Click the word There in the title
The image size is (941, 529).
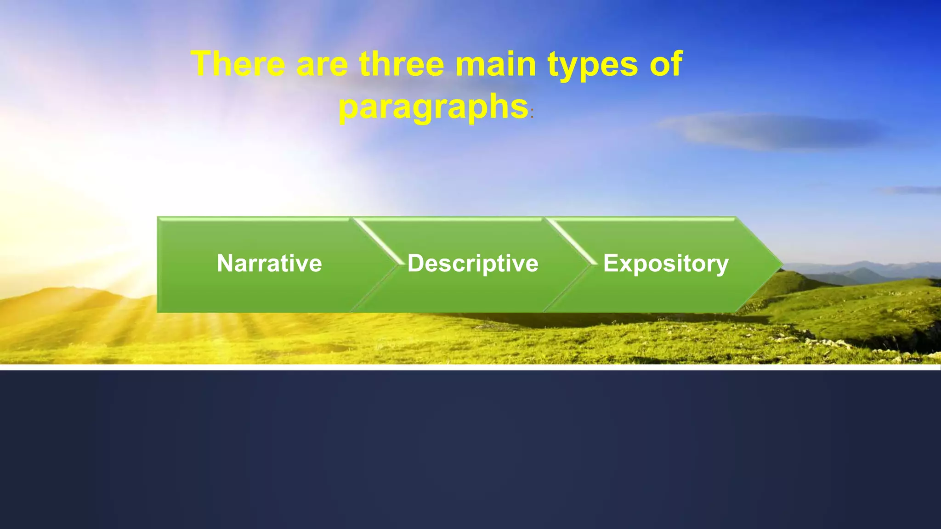(238, 64)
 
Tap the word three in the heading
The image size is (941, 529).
(402, 64)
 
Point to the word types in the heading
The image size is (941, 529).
(593, 65)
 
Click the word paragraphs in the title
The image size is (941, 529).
(433, 107)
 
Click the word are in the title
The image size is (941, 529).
(322, 65)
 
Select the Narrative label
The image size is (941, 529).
(269, 264)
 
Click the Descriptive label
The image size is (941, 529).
(473, 264)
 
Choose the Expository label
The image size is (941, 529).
(666, 264)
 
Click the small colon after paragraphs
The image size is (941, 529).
(532, 114)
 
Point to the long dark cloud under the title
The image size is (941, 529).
(772, 132)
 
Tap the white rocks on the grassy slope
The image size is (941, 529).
(827, 342)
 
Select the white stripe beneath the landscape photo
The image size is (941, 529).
(470, 367)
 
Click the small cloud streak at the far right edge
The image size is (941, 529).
(912, 190)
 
